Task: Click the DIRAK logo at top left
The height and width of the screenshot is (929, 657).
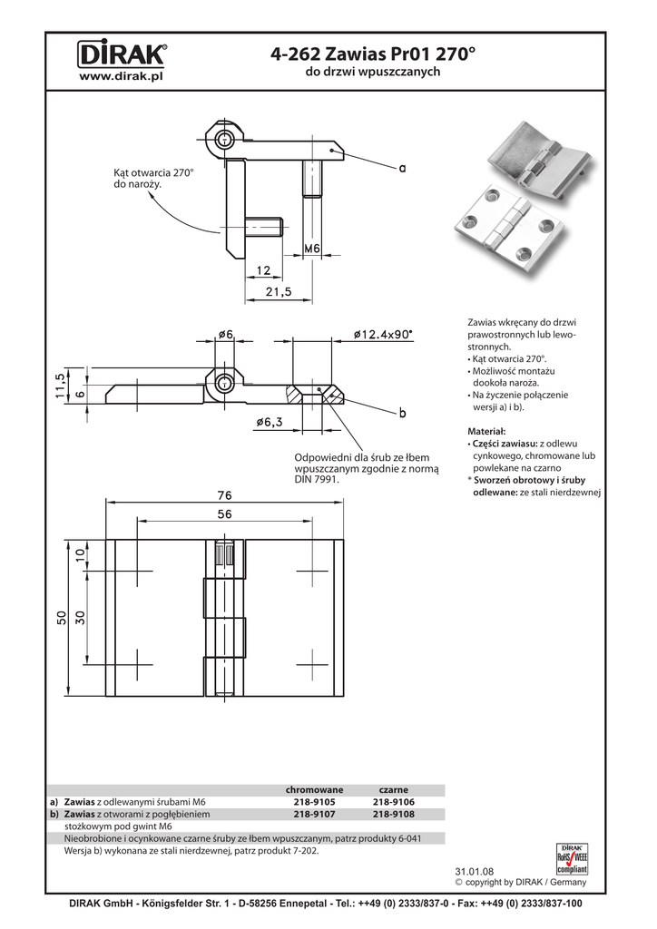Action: (x=122, y=55)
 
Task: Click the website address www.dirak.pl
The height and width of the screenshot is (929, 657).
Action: (x=122, y=76)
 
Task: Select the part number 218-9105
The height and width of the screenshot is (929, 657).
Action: (x=314, y=802)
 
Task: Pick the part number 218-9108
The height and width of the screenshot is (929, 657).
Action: (x=393, y=814)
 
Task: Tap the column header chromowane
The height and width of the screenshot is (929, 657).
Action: (x=315, y=790)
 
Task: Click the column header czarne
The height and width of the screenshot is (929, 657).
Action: (x=393, y=790)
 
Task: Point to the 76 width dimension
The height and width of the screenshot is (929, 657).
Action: (x=224, y=494)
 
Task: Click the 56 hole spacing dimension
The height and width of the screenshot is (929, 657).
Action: (x=224, y=514)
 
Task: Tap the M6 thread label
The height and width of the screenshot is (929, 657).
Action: (x=312, y=249)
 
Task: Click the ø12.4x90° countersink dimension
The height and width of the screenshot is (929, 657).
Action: (x=383, y=334)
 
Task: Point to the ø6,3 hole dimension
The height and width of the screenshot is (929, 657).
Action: (x=270, y=422)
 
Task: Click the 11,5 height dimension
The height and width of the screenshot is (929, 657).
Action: (x=60, y=386)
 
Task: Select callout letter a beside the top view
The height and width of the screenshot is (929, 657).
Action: (x=403, y=168)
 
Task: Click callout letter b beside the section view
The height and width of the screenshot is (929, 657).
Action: (x=403, y=413)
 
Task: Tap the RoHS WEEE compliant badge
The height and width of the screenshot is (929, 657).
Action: (x=572, y=858)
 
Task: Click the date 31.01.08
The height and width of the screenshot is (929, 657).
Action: (x=474, y=872)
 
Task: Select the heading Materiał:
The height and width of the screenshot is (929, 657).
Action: (x=486, y=431)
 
